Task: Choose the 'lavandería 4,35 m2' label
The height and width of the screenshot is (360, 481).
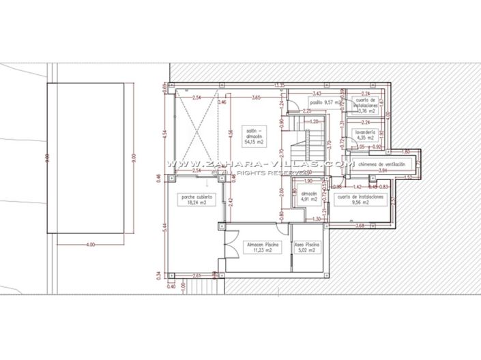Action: click(x=362, y=134)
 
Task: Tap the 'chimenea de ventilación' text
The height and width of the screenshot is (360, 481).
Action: click(x=377, y=164)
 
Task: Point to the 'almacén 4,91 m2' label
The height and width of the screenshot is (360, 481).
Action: click(x=309, y=196)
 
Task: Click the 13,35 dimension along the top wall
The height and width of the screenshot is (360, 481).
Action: click(x=279, y=85)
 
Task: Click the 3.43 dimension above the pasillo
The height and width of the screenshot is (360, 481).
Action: click(x=317, y=93)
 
